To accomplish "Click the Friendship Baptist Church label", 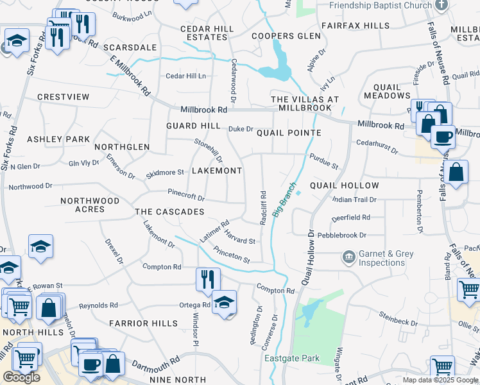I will click(380, 5).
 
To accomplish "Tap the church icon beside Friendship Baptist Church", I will click(440, 4).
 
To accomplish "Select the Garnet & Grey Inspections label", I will click(386, 258).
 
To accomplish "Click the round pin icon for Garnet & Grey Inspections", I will click(348, 257).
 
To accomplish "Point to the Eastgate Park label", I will click(291, 358).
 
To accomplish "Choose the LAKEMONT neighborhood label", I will click(217, 171).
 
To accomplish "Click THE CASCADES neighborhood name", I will click(169, 212).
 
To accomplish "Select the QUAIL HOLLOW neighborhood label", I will click(344, 185).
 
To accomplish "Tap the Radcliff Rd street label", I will click(263, 207).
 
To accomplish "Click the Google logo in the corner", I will click(21, 377).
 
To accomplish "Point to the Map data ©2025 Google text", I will click(440, 380).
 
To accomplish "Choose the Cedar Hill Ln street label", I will click(186, 76).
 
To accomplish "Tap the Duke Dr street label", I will click(241, 129).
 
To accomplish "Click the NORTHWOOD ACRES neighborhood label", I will click(90, 205).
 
